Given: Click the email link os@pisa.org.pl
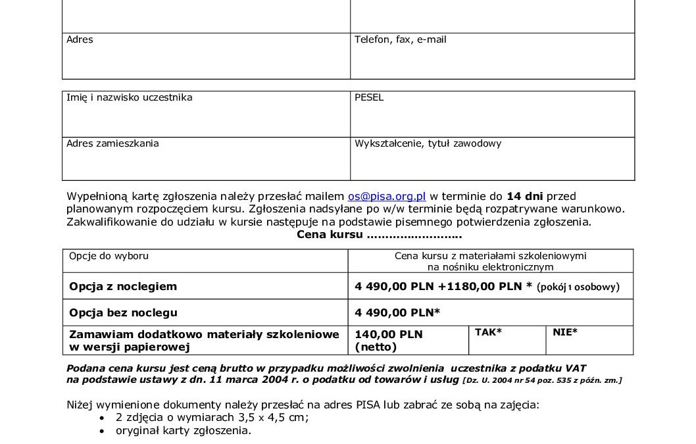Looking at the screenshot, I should tap(387, 196).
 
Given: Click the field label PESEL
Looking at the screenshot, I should tap(369, 97).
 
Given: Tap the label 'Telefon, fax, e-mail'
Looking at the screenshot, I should tap(400, 39).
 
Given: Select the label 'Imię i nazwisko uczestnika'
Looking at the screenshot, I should tap(129, 97).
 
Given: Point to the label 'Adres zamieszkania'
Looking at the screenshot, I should tap(112, 143).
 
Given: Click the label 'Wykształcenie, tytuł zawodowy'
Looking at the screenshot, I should tap(428, 143).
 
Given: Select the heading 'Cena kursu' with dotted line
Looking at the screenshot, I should tap(379, 235).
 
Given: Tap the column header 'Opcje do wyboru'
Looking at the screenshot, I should tap(109, 256).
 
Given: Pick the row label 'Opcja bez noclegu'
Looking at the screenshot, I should tap(123, 312).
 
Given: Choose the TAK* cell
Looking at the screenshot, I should tap(488, 332).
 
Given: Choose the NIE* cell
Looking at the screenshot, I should tap(565, 332).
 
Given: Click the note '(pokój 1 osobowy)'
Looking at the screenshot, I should tap(578, 287).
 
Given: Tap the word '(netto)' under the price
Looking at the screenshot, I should tap(375, 346).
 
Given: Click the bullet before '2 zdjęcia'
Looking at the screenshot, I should tap(101, 418).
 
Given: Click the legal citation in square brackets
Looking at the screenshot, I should tap(542, 380).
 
